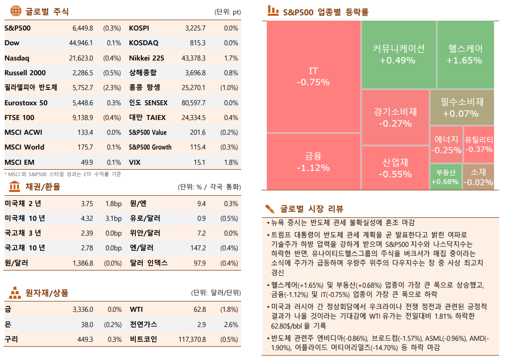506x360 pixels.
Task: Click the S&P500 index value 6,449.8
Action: pyautogui.click(x=83, y=28)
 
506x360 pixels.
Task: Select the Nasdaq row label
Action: pyautogui.click(x=17, y=58)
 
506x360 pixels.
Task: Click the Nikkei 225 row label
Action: pyautogui.click(x=146, y=58)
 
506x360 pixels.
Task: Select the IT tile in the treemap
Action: pyautogui.click(x=313, y=77)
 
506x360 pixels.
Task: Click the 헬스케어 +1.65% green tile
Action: pyautogui.click(x=465, y=54)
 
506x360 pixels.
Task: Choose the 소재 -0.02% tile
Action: pyautogui.click(x=478, y=177)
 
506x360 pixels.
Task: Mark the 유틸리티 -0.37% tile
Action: pyautogui.click(x=478, y=145)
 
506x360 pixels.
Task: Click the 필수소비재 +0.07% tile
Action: pyautogui.click(x=461, y=107)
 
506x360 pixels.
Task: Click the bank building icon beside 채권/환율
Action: pyautogui.click(x=15, y=186)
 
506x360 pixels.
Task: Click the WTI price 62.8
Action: pyautogui.click(x=199, y=310)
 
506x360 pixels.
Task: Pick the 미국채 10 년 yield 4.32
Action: pyautogui.click(x=87, y=218)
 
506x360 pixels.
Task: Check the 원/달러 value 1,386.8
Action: pyautogui.click(x=83, y=263)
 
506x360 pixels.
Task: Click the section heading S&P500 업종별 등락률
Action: pyautogui.click(x=325, y=12)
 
